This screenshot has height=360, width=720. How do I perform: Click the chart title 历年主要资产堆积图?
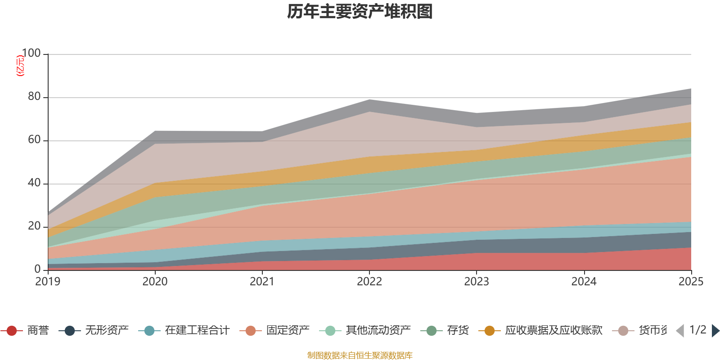click(360, 12)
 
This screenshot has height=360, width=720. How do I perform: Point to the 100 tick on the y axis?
click(31, 54)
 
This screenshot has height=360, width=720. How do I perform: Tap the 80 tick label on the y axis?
click(34, 97)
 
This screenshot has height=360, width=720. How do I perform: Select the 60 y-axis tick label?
click(34, 140)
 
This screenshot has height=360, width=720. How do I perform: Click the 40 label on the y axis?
click(34, 183)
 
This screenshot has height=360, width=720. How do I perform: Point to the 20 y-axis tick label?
click(34, 226)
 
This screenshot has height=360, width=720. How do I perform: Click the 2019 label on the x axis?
click(48, 282)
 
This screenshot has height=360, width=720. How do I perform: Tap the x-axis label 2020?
click(155, 282)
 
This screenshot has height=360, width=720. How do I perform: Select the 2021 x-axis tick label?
click(262, 282)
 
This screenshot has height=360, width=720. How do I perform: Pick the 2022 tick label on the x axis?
click(369, 282)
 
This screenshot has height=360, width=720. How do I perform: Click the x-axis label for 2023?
click(476, 282)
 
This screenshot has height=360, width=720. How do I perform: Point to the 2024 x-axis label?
click(584, 282)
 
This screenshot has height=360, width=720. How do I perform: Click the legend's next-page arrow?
click(715, 331)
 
